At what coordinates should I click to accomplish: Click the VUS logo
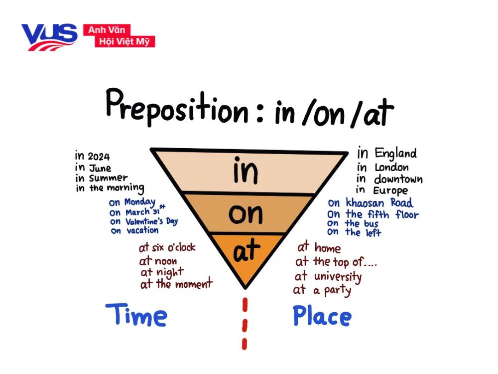(x=49, y=37)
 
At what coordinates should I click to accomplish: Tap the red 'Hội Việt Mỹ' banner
(x=125, y=41)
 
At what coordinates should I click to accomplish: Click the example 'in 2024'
(x=93, y=156)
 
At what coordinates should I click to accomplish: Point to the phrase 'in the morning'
(x=110, y=187)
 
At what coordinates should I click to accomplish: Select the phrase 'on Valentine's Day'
(x=144, y=221)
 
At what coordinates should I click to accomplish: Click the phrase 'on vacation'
(x=134, y=230)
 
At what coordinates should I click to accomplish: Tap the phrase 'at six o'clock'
(x=167, y=247)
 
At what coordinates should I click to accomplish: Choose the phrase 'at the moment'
(x=176, y=283)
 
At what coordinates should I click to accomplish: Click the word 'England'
(x=396, y=154)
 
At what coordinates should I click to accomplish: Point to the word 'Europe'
(x=390, y=190)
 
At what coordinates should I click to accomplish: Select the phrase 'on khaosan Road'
(x=371, y=202)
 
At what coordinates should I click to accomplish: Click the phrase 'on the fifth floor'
(x=373, y=214)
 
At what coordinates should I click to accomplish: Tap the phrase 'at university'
(x=328, y=277)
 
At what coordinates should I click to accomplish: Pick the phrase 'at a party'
(x=322, y=290)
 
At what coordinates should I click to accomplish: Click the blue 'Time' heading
(x=136, y=315)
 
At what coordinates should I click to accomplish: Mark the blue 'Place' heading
(x=322, y=316)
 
